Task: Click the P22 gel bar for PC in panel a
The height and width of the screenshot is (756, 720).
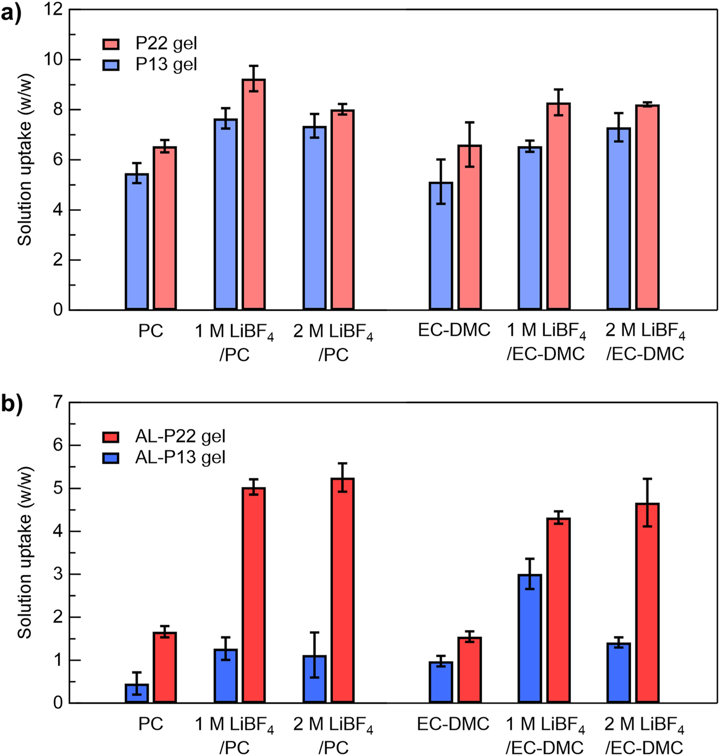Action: (164, 228)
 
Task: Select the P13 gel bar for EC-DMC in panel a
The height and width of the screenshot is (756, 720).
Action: (441, 246)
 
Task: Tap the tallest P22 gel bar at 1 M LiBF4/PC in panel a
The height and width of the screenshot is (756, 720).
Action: (254, 195)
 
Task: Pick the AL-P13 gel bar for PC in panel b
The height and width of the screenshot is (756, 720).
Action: (137, 694)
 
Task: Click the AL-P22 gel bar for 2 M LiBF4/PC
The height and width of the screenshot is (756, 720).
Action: (343, 591)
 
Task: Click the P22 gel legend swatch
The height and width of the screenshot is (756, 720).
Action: (111, 43)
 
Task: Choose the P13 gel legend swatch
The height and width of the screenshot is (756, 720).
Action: (111, 65)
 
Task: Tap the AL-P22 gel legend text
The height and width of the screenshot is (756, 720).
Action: (180, 436)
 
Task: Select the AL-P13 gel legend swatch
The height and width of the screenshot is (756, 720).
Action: (111, 458)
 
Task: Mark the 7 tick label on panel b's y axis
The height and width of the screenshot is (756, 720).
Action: (57, 402)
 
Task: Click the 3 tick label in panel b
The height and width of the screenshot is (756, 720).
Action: (57, 574)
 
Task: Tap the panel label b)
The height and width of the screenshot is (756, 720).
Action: (11, 404)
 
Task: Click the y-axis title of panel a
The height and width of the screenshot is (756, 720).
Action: (25, 160)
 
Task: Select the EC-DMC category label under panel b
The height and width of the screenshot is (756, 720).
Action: (453, 724)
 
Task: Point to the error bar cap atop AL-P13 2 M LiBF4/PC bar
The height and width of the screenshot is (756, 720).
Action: (314, 632)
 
